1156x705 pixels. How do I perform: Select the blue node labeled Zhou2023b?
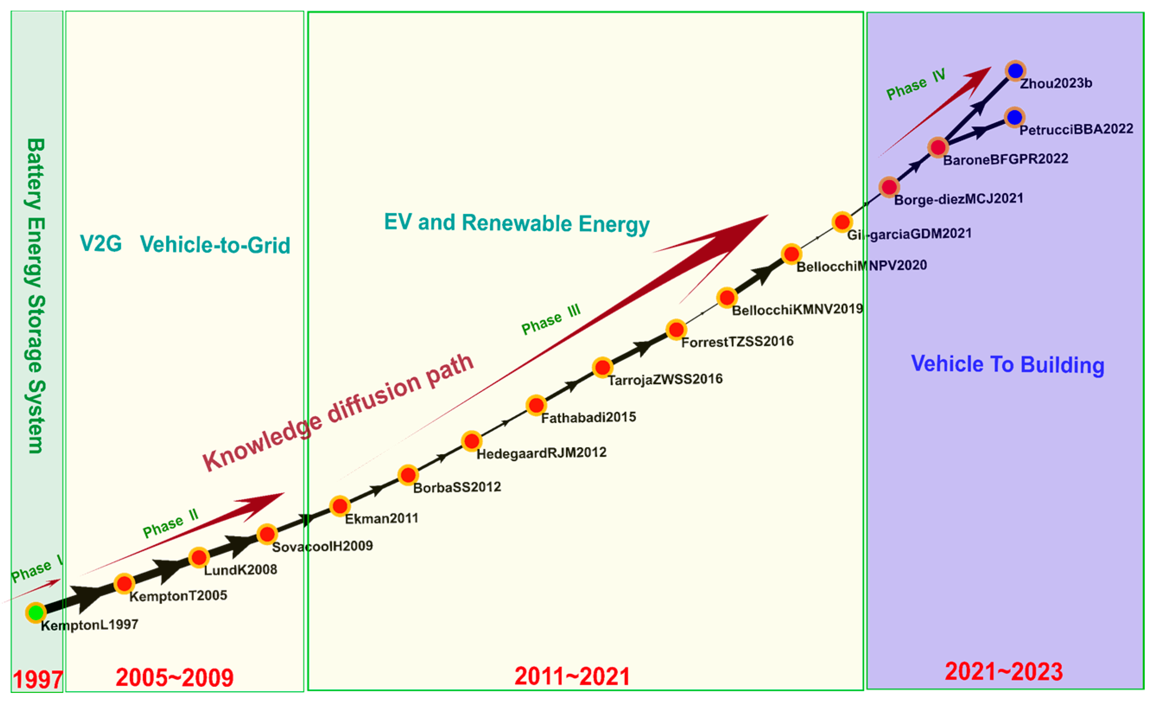pos(1015,71)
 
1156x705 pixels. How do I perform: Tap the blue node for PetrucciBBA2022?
pos(1014,117)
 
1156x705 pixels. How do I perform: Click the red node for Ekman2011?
pos(340,506)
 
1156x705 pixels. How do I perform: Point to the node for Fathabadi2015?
pos(536,405)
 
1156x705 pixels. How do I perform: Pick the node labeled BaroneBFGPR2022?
pos(938,147)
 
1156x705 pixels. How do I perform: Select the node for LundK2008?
pos(199,557)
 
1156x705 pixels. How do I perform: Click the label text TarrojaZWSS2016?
pos(665,379)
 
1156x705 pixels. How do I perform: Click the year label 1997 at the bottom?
pos(38,680)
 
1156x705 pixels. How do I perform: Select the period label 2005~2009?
pos(174,677)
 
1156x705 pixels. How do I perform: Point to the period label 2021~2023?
pos(1004,671)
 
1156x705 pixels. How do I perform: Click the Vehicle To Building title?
pos(1007,364)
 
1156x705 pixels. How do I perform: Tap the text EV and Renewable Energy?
pos(516,223)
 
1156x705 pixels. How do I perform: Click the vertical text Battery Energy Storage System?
pos(35,295)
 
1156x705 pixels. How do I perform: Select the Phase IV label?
pos(915,85)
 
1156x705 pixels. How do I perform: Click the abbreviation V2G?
pos(101,243)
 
